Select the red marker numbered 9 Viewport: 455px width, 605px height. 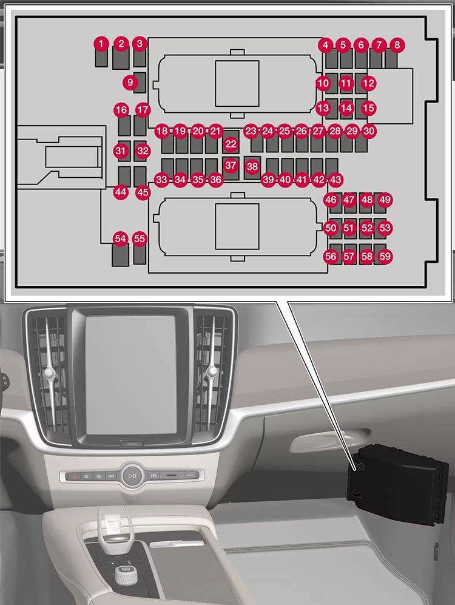130,81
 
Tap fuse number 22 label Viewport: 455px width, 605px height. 231,144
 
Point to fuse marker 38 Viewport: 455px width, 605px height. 252,166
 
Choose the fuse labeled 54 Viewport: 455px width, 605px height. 120,239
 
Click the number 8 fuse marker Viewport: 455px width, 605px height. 397,44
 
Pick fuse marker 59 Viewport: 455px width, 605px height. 385,257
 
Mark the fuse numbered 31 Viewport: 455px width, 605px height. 121,150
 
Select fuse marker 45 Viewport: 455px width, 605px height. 143,192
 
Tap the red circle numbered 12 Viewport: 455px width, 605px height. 368,83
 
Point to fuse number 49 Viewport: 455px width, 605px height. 385,200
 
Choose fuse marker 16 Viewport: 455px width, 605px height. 121,110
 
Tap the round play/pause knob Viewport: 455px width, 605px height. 132,476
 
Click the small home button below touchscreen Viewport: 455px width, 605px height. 131,444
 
